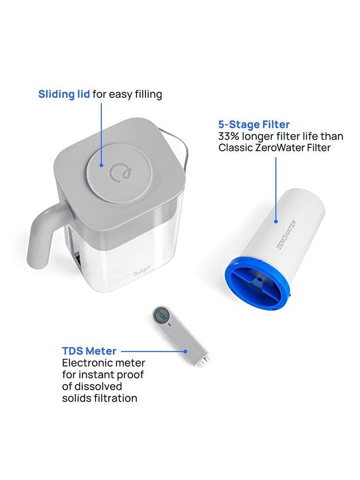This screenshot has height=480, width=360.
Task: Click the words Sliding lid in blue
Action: [65, 94]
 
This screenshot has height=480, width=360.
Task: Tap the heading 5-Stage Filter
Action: [254, 124]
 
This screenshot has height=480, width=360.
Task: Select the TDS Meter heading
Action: [89, 351]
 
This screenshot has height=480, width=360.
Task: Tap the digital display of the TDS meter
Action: [161, 315]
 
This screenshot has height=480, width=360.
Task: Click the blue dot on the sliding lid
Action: [101, 165]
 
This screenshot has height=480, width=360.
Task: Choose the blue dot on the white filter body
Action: [276, 221]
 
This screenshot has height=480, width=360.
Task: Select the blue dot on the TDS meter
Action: [185, 351]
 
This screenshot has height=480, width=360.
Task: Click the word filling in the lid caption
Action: [147, 94]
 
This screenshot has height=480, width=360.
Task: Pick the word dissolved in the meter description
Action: [99, 386]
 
